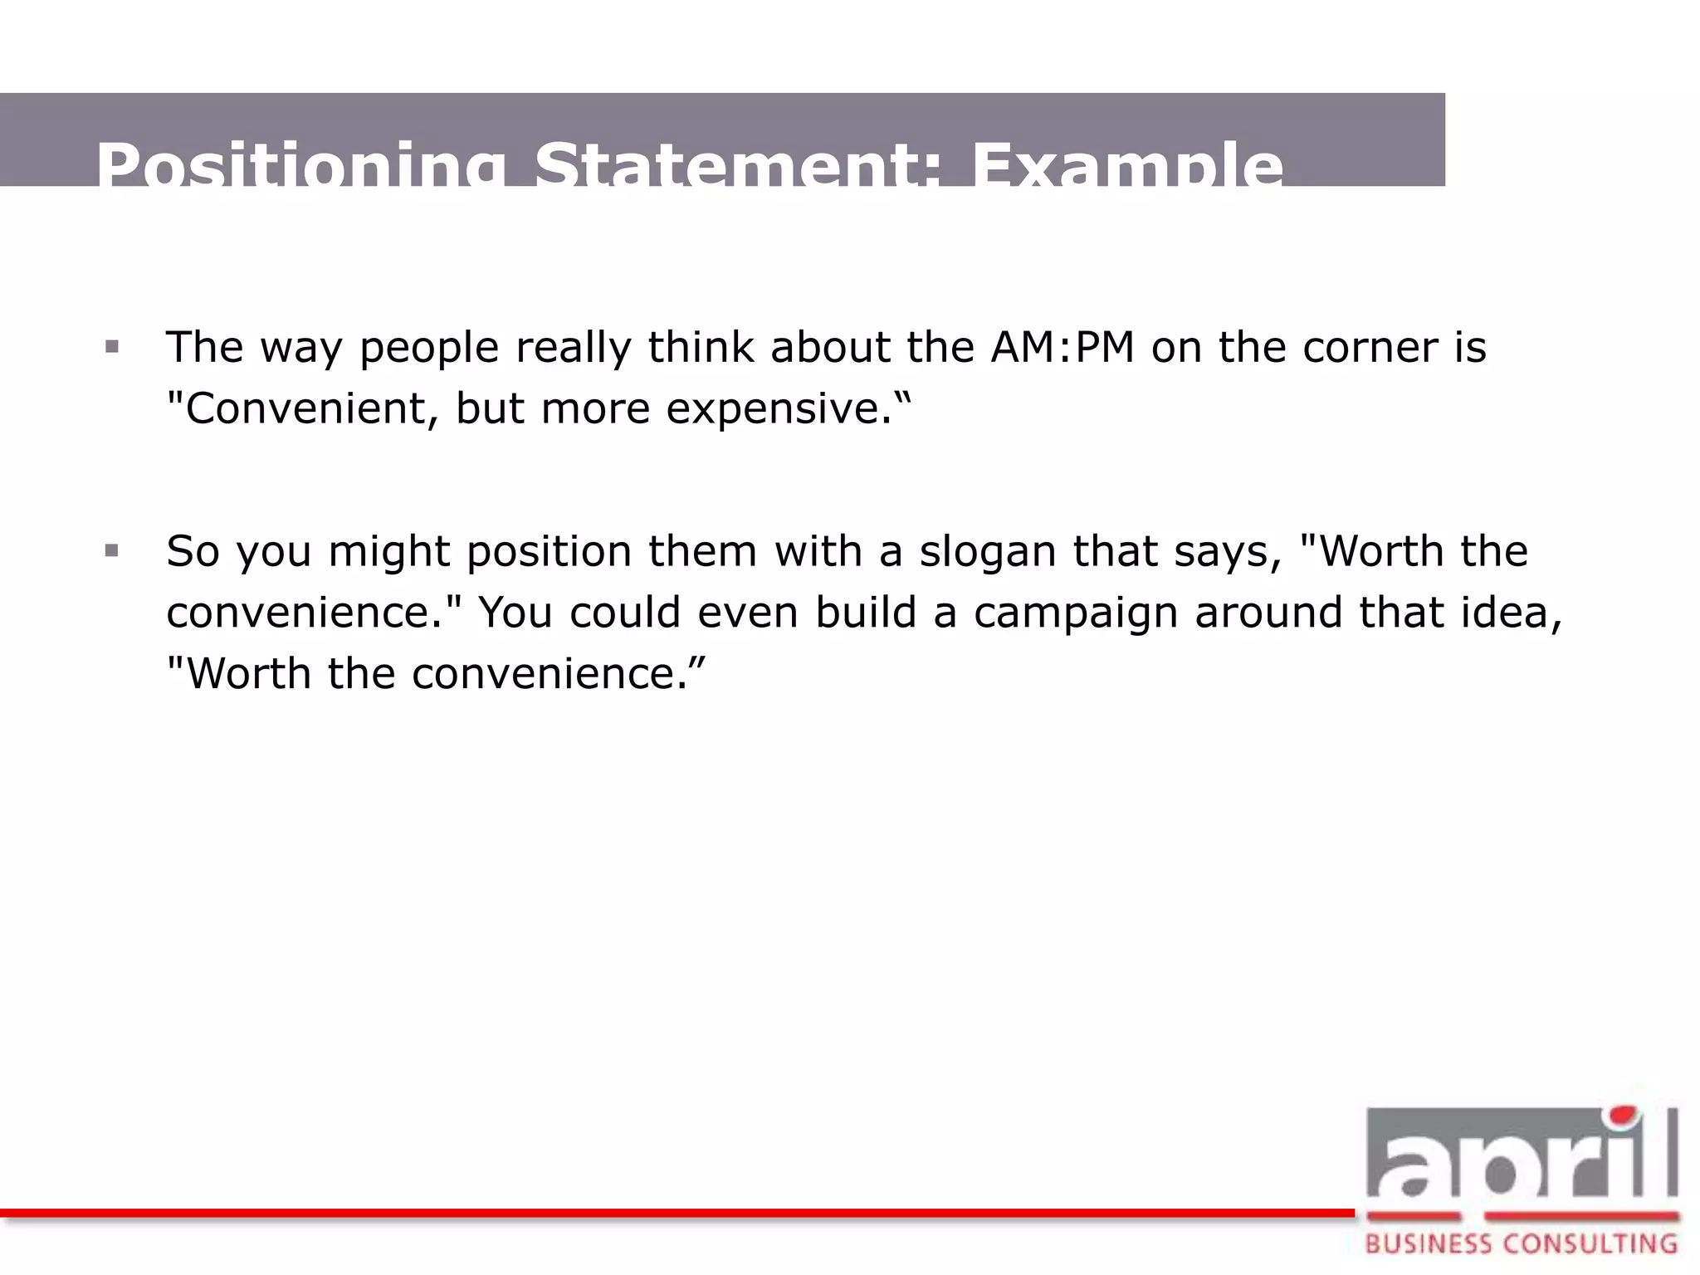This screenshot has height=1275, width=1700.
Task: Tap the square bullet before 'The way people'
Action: [112, 347]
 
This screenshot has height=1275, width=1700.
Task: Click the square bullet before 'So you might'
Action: [112, 551]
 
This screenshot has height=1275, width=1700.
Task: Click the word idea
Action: [1502, 613]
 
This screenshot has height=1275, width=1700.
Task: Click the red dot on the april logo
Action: [1623, 1115]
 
